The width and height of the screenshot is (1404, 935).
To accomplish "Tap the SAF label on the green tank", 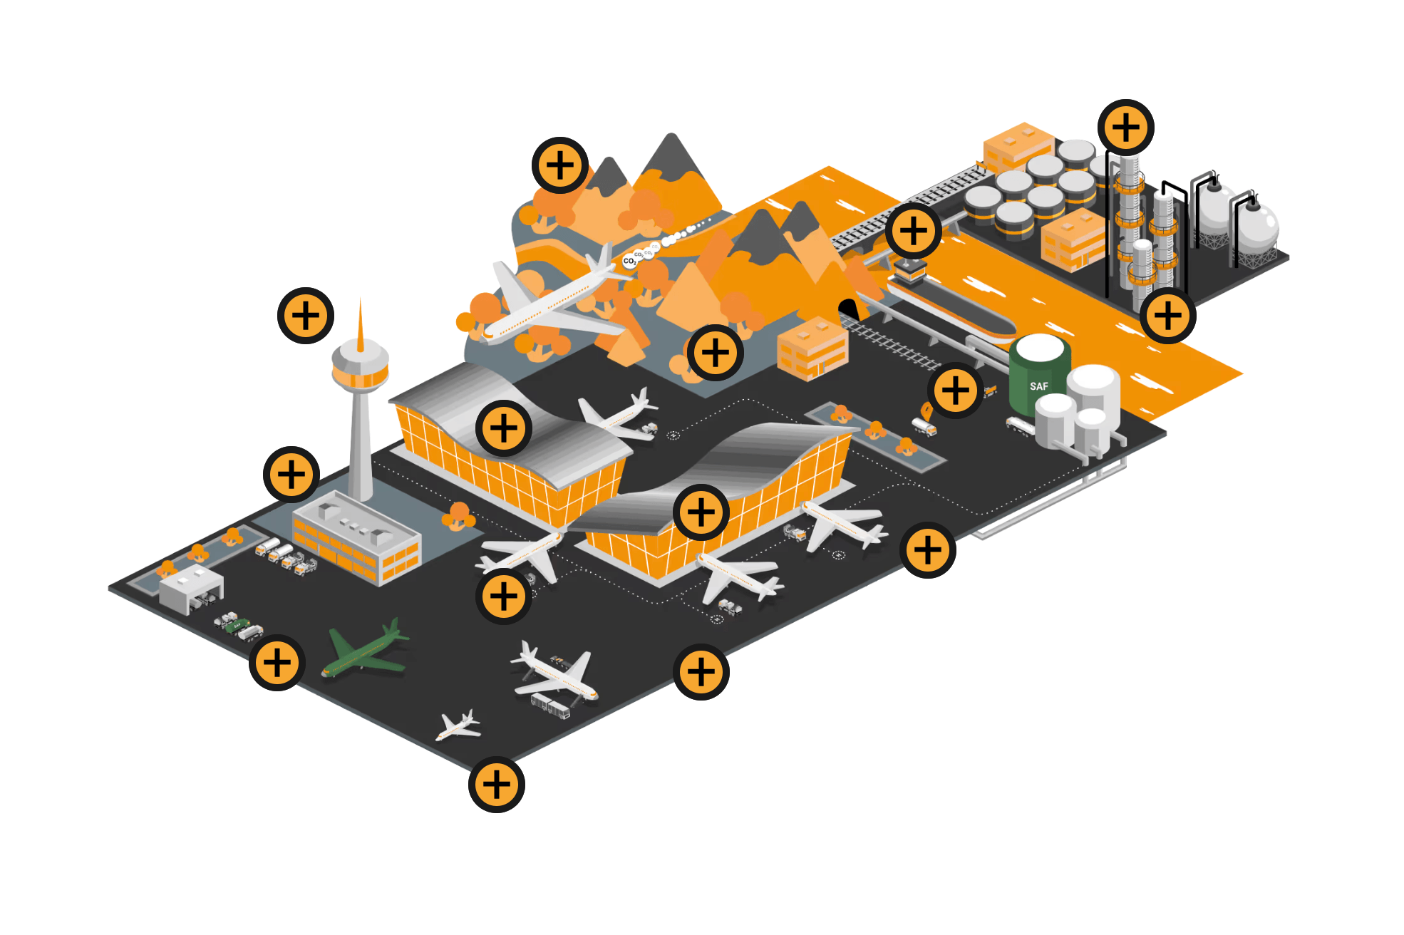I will tap(1038, 386).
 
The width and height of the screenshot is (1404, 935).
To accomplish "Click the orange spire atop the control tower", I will tap(361, 328).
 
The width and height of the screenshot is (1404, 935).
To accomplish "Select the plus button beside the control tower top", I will tap(306, 316).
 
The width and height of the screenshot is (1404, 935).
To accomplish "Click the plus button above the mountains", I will tap(560, 165).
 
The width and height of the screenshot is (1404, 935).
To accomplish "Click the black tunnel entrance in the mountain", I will tap(848, 309).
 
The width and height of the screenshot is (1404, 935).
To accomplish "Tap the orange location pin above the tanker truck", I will tap(926, 410).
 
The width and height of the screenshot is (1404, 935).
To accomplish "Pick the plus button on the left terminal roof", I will tap(504, 428).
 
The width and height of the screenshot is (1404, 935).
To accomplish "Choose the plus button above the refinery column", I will tap(1126, 128).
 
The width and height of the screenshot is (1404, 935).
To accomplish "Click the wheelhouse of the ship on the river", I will tap(910, 269).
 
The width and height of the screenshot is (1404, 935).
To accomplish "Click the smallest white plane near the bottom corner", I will tap(458, 726).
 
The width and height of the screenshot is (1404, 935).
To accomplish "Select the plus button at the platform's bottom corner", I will tap(497, 785).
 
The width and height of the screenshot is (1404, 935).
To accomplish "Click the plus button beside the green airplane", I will tap(277, 663).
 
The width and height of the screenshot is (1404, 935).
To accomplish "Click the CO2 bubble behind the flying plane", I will tap(629, 261).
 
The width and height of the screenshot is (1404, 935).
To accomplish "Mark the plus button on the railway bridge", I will tap(914, 231).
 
